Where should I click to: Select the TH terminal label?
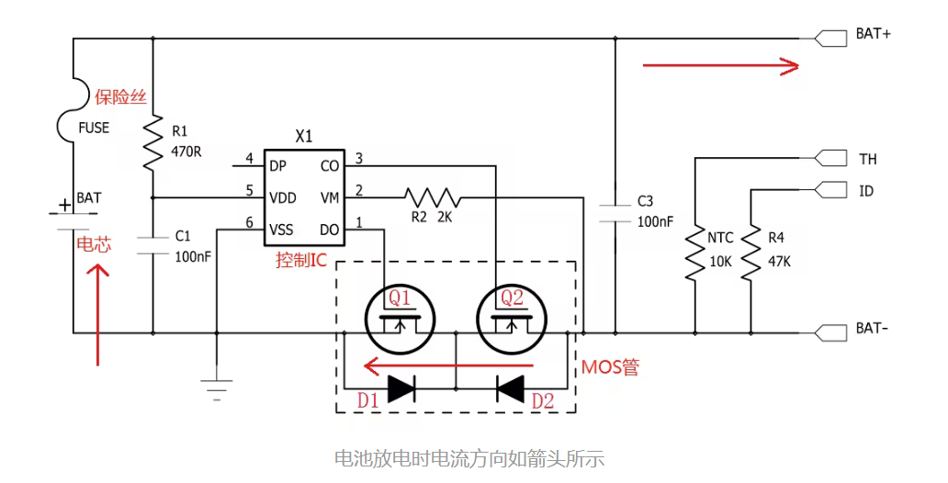tap(868, 159)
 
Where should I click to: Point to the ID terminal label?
tap(866, 191)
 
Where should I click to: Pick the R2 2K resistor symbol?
tap(432, 197)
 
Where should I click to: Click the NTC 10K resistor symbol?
tap(695, 254)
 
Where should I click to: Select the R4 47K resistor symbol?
tap(751, 254)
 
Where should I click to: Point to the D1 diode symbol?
tap(401, 388)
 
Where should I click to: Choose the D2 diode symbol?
tap(510, 388)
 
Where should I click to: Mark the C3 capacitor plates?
tap(614, 214)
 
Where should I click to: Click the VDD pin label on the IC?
tap(283, 197)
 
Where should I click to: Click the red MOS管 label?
tap(610, 367)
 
